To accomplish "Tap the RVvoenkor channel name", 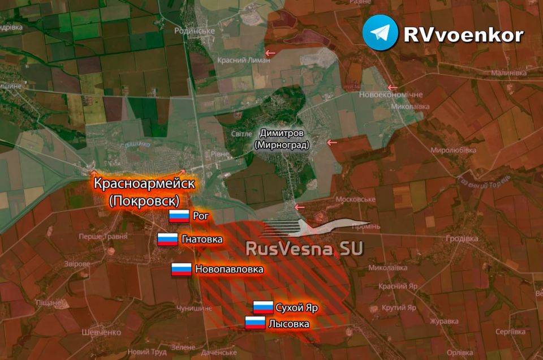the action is (463, 35).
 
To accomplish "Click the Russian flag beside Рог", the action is (179, 216).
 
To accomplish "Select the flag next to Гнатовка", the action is (167, 239).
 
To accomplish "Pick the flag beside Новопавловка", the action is (182, 269).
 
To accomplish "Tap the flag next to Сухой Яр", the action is (263, 308).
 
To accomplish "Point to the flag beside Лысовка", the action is (255, 324).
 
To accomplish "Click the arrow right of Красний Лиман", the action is (272, 53).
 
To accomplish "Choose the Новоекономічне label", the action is (391, 95).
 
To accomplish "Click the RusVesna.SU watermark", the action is (305, 248).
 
